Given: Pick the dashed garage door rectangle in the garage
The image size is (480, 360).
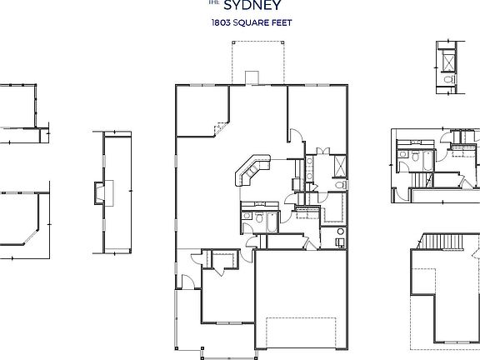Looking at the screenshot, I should click(301, 333).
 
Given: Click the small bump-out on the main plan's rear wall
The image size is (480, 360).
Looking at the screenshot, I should click(253, 77).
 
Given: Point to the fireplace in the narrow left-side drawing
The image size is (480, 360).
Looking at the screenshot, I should click(102, 192).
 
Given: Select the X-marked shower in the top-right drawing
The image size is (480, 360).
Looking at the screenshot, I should click(447, 62).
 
